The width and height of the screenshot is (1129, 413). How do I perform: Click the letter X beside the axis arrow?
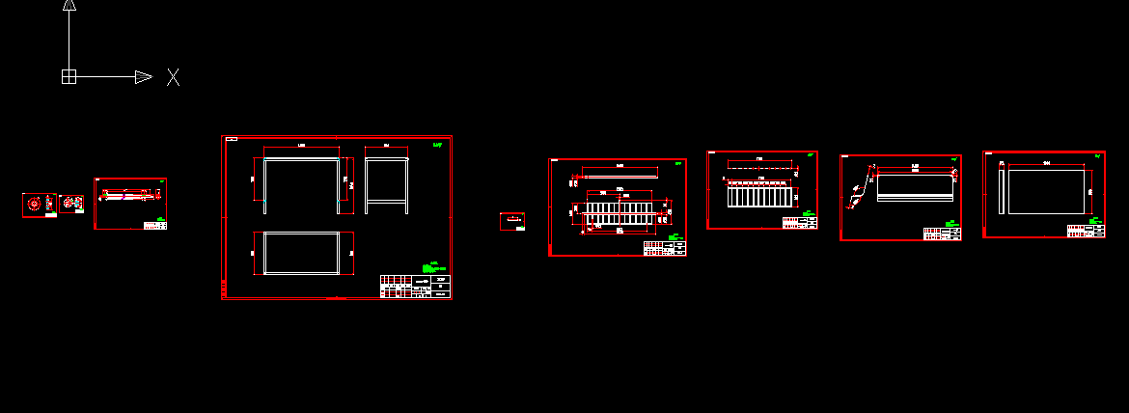point(173,77)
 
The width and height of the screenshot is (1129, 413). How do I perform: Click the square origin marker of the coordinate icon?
point(69,76)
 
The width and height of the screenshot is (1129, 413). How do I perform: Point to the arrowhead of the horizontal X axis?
point(143,76)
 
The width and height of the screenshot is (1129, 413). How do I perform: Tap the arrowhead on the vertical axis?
point(69,4)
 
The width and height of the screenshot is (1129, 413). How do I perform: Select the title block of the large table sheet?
point(415,287)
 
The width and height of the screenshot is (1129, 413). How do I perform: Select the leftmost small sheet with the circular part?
point(39,205)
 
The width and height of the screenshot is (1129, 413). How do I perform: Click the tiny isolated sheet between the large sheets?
point(511,221)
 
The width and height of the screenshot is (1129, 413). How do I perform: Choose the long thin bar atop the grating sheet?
point(619,176)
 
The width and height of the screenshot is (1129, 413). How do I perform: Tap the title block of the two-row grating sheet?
point(665,248)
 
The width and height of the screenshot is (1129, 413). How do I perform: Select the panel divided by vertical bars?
point(760,196)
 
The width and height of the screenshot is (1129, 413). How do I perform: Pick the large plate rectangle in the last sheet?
point(1045,191)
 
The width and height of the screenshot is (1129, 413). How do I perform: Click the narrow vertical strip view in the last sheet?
point(1002,191)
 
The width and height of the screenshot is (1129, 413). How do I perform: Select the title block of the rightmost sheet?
point(1086,231)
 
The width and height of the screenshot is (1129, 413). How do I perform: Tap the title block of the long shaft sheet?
point(154,225)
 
